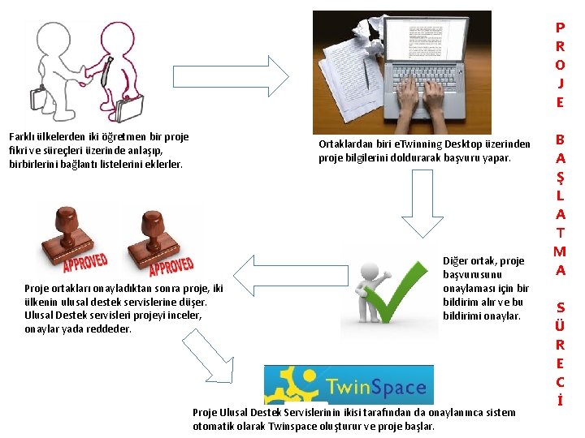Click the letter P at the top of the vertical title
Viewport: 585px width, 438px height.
click(560, 27)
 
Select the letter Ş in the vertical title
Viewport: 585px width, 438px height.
click(560, 177)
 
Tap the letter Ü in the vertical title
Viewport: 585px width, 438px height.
click(560, 326)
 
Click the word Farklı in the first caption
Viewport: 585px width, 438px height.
click(23, 137)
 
